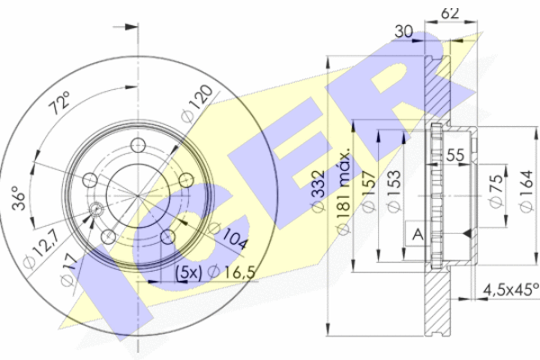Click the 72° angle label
tap(60, 103)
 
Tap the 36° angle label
tap(19, 198)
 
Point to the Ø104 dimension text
tap(229, 236)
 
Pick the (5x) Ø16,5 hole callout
tap(216, 273)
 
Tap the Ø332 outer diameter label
tap(318, 191)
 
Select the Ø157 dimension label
tap(368, 192)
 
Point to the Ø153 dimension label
tap(393, 192)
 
